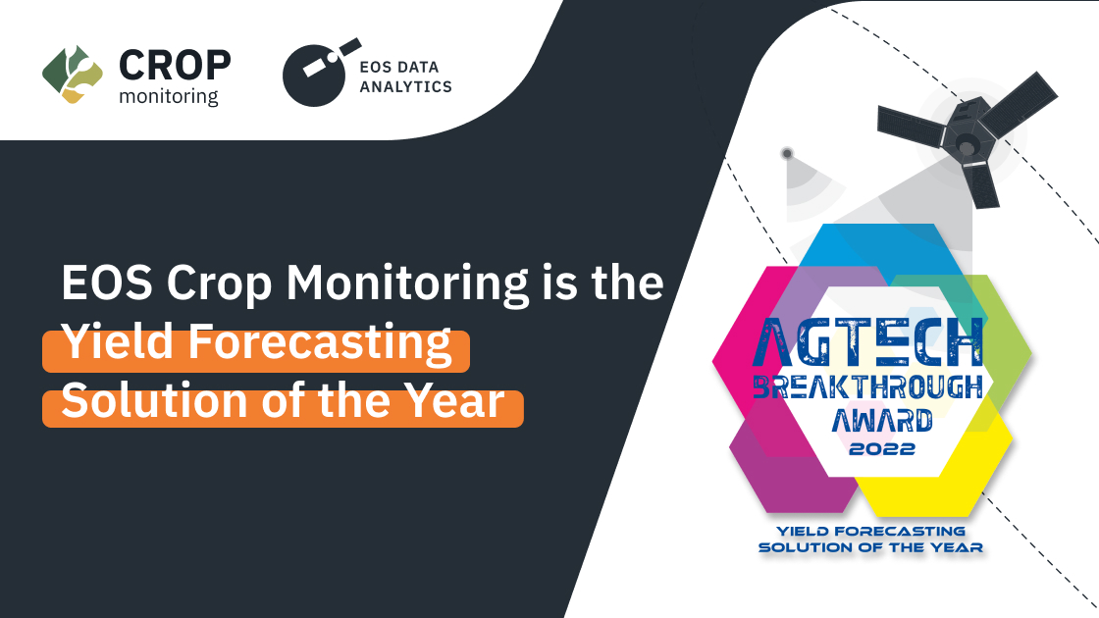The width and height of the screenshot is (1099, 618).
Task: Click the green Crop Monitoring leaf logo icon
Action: click(x=72, y=74)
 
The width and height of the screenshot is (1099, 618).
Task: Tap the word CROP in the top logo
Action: click(x=175, y=65)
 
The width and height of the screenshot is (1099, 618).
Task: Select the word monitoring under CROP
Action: click(x=168, y=96)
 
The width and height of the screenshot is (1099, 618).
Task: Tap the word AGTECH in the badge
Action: click(x=869, y=341)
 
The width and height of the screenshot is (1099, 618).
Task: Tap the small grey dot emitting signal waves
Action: click(x=786, y=154)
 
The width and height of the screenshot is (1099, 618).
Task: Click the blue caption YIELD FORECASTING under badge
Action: click(x=870, y=531)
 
